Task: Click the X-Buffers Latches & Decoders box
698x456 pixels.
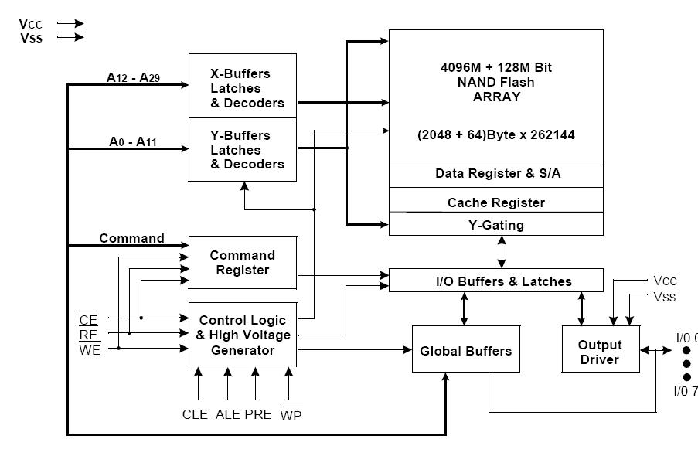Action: [x=243, y=86]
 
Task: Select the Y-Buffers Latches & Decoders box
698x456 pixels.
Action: [x=243, y=150]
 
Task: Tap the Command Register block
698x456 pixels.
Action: [x=243, y=262]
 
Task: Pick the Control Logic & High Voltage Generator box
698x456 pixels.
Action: [x=243, y=335]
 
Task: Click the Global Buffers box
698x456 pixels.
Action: [x=466, y=349]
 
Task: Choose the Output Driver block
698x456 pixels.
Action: [x=601, y=349]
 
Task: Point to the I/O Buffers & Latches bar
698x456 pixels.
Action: [x=496, y=280]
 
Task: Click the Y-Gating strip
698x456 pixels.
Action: [x=496, y=224]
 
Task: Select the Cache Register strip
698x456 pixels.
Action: [x=496, y=200]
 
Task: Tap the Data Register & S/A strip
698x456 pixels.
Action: [x=496, y=175]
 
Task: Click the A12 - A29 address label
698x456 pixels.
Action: [x=133, y=77]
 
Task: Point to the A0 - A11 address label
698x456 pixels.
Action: [x=133, y=141]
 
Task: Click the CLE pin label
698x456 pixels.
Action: [x=195, y=414]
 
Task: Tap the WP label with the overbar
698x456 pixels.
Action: [x=291, y=414]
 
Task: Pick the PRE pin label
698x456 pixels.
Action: [x=258, y=414]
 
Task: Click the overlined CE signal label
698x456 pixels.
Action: [x=88, y=319]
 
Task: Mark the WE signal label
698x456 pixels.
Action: [x=90, y=349]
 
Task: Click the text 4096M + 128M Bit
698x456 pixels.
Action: [x=496, y=67]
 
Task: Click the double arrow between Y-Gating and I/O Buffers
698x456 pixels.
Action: [x=502, y=252]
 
